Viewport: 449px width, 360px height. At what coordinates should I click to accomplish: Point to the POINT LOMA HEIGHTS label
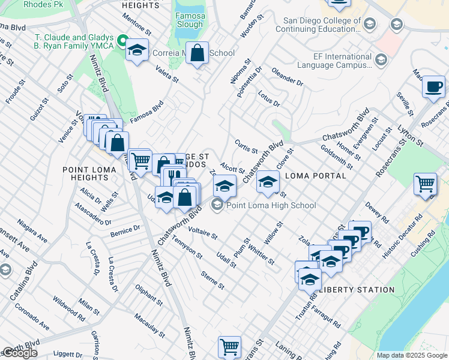(94, 175)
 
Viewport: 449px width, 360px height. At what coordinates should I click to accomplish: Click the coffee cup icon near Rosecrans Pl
(433, 86)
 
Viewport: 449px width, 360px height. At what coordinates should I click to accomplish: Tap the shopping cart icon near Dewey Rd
(425, 184)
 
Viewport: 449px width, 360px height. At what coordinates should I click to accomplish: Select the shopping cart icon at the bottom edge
(229, 346)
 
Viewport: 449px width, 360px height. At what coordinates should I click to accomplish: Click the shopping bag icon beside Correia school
(197, 54)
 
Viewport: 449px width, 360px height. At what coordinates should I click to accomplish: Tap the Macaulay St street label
(149, 325)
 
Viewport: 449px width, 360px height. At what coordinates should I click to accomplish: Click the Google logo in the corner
(19, 353)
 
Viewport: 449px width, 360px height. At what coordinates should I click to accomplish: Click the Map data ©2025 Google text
(411, 355)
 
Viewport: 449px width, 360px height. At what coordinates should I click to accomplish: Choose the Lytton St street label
(411, 137)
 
